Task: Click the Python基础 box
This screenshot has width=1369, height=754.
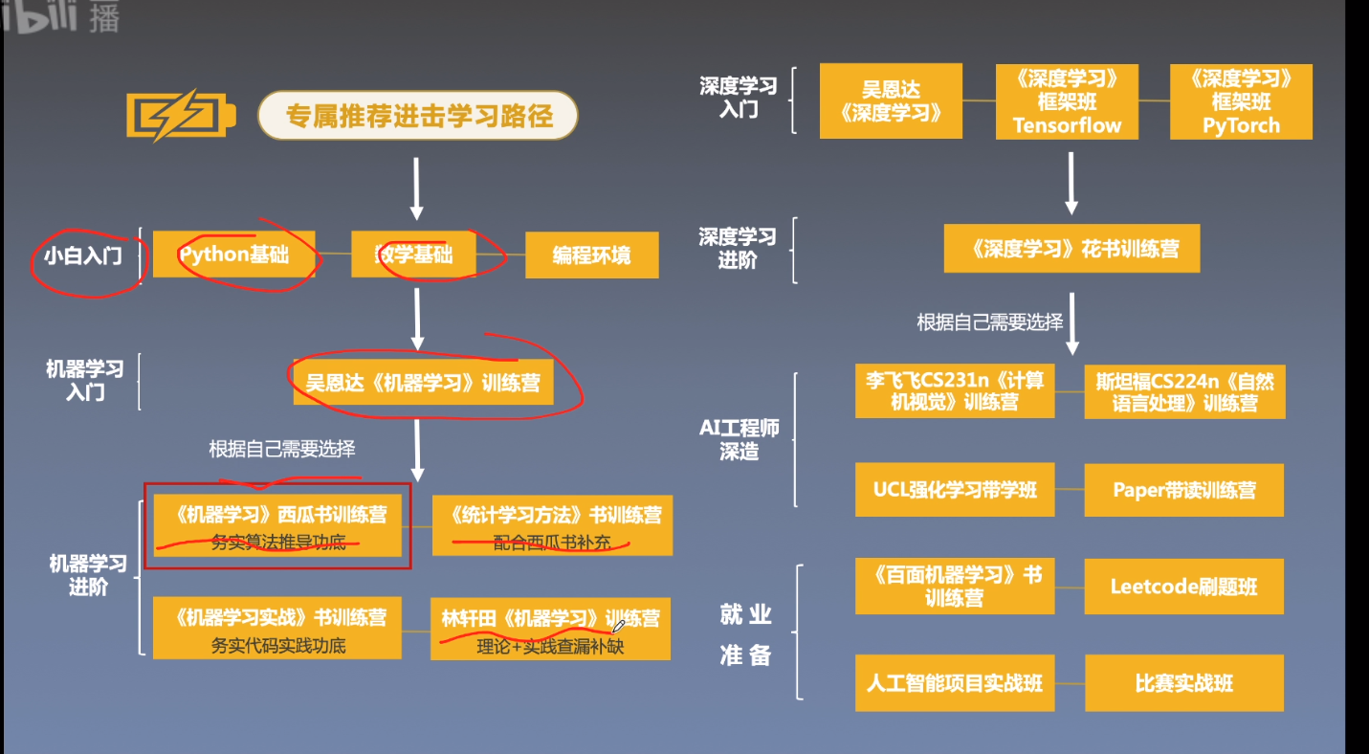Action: coord(233,255)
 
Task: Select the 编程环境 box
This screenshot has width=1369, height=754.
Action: coord(591,255)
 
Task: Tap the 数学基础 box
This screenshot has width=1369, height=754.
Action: coord(413,255)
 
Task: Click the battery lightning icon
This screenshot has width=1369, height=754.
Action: coord(179,117)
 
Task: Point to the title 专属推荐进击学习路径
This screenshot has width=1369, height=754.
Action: coord(418,117)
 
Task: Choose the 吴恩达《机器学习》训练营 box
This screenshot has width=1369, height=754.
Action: coord(422,383)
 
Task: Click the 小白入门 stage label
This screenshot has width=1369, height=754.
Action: coord(83,255)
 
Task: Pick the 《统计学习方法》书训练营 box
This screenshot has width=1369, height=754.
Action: coord(552,525)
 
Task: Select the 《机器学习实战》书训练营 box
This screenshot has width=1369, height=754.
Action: coord(277,629)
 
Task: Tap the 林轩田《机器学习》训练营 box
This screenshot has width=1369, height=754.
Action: coord(550,629)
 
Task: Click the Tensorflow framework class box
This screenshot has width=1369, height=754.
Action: coord(1067,101)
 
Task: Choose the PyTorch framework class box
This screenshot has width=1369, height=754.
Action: coord(1241,101)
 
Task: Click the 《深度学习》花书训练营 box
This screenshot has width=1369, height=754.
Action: coord(1071,250)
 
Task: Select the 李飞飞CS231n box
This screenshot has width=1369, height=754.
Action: coord(954,390)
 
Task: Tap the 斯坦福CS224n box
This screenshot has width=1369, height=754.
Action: coord(1184,391)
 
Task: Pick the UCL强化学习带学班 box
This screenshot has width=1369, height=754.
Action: coord(955,490)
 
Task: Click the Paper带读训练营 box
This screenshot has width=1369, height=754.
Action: coord(1183,490)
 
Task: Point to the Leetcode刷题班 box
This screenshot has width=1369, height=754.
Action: coord(1183,587)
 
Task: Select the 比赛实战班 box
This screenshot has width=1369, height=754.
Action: coord(1183,683)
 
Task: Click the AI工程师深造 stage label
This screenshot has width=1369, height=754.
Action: coord(739,439)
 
